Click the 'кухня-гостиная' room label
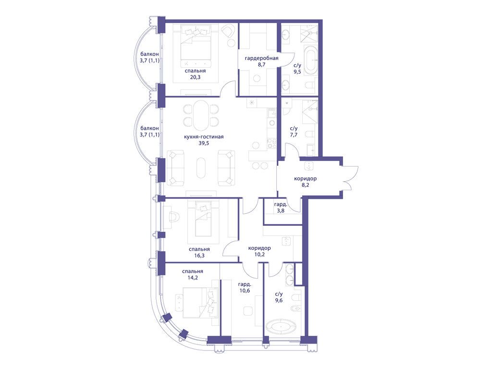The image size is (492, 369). (x=204, y=137)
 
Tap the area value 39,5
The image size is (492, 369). (x=204, y=143)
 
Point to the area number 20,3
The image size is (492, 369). (x=195, y=77)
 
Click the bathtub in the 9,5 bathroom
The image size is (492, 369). (x=311, y=61)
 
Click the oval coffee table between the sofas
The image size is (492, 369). (x=201, y=168)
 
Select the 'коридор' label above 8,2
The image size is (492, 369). (x=305, y=179)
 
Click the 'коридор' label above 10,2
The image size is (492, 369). (x=259, y=248)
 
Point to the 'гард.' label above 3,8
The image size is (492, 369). (x=281, y=204)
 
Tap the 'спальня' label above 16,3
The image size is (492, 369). (x=199, y=249)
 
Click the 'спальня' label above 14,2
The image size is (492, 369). (x=192, y=271)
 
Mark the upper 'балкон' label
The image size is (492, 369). (x=149, y=54)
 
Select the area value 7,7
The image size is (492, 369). (x=294, y=135)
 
